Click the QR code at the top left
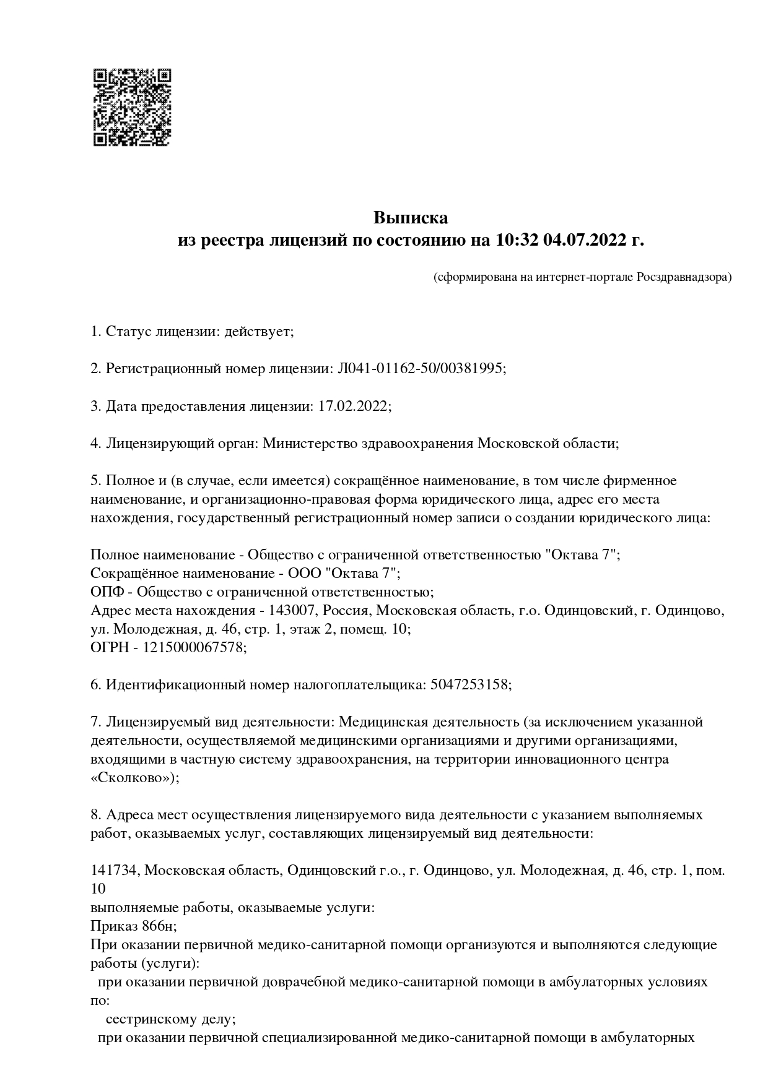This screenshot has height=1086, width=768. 132,107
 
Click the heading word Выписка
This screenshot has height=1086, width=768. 410,218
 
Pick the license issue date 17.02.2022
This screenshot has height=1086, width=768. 353,406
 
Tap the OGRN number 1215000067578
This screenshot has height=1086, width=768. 194,647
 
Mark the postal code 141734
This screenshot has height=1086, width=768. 115,870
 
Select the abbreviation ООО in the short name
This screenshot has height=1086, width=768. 303,573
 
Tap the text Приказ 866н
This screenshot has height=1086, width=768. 132,926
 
